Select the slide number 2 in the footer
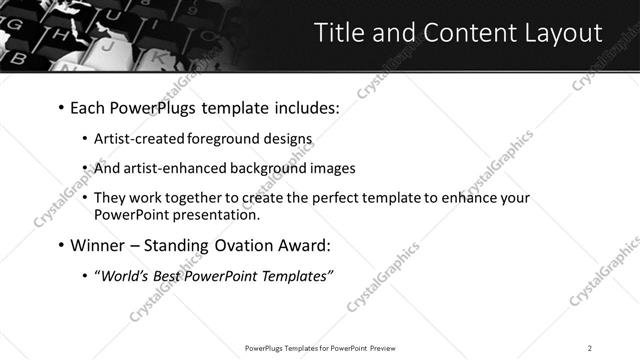click(590, 347)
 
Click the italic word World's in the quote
click(122, 275)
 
